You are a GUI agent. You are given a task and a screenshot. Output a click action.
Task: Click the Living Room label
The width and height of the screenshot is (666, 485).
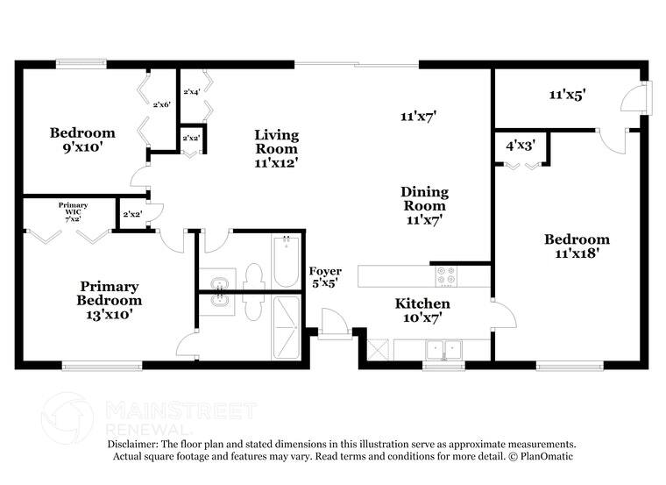click(x=277, y=148)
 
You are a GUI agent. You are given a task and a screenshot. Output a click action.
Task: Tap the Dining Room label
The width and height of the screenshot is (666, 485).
click(x=425, y=206)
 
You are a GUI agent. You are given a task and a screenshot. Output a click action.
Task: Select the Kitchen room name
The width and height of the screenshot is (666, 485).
click(x=422, y=310)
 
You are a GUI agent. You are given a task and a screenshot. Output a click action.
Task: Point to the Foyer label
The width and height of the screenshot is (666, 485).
click(x=325, y=276)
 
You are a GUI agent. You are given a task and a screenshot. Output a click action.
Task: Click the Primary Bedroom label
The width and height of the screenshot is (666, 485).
click(x=110, y=293)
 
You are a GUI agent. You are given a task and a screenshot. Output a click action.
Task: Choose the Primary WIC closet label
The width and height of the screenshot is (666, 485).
click(x=73, y=210)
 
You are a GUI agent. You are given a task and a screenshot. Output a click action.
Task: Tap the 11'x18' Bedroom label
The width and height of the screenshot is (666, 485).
click(x=577, y=246)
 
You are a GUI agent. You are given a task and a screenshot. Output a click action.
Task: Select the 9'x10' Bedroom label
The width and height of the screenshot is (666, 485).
click(x=81, y=140)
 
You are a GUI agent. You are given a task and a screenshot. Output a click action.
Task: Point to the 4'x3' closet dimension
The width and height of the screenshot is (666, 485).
click(x=521, y=146)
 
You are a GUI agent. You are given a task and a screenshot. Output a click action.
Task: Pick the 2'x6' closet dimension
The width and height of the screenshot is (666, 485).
click(x=161, y=104)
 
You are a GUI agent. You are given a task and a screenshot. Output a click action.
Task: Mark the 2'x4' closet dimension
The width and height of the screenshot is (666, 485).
click(x=191, y=91)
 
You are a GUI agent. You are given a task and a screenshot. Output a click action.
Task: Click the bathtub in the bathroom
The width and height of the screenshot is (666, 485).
click(x=286, y=260)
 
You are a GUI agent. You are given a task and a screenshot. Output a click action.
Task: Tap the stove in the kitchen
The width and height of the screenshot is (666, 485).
click(x=447, y=275)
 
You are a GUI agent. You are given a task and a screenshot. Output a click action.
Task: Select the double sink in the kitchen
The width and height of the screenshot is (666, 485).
click(x=443, y=349)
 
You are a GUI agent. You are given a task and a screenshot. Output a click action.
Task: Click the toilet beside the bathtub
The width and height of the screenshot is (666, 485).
click(x=255, y=275)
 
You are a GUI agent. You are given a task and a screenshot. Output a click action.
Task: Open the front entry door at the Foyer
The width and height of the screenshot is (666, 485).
click(x=334, y=322)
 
